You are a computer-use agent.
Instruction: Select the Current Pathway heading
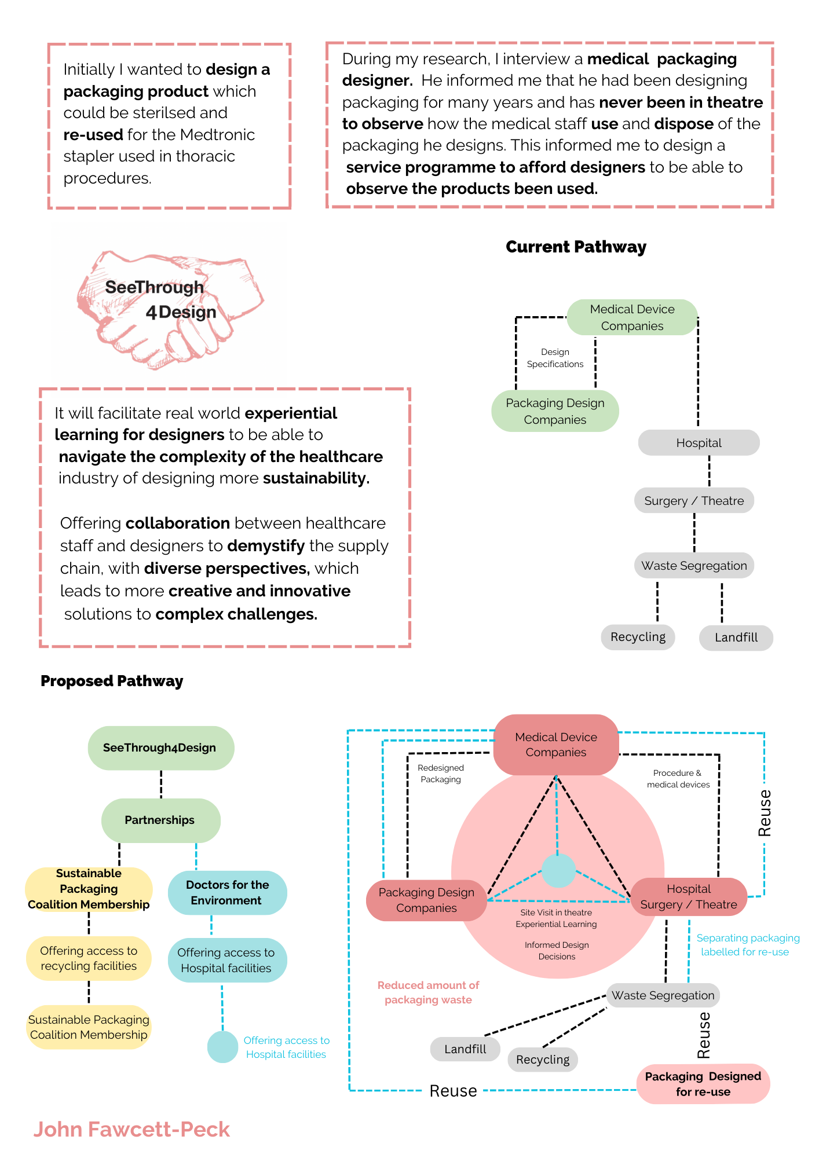point(576,247)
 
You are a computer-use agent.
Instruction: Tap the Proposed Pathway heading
point(112,681)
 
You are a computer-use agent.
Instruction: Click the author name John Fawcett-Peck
point(131,1130)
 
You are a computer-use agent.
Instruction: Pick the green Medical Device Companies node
point(632,317)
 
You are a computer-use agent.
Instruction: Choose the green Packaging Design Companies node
point(555,411)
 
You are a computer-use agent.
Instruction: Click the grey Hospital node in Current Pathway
point(699,443)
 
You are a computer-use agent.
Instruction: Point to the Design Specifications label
point(555,358)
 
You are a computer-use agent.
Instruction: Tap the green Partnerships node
point(161,820)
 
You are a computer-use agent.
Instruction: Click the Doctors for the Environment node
point(227,893)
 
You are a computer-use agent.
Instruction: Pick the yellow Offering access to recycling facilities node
point(89,958)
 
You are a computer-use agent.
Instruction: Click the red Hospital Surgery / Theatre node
point(689,897)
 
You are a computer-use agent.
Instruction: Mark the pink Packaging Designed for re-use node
point(703,1084)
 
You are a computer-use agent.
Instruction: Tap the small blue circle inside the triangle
point(558,871)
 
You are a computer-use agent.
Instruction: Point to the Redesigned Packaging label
point(441,774)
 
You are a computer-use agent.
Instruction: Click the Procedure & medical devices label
point(678,779)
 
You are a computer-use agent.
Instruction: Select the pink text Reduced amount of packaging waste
point(428,992)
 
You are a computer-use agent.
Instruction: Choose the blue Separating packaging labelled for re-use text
point(747,945)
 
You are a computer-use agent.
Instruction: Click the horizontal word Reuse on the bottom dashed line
point(453,1091)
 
